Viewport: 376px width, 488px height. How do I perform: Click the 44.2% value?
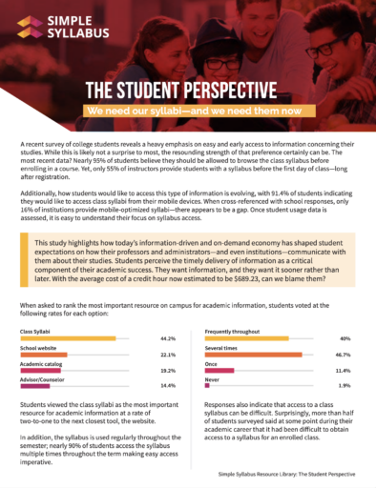tap(169, 286)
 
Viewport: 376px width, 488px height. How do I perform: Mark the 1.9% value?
tap(344, 333)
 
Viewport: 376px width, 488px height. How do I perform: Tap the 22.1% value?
tap(169, 301)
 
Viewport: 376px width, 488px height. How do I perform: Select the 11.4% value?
tap(343, 316)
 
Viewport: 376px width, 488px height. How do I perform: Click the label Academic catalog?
tap(40, 310)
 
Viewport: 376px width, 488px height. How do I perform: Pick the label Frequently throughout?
tap(233, 279)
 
